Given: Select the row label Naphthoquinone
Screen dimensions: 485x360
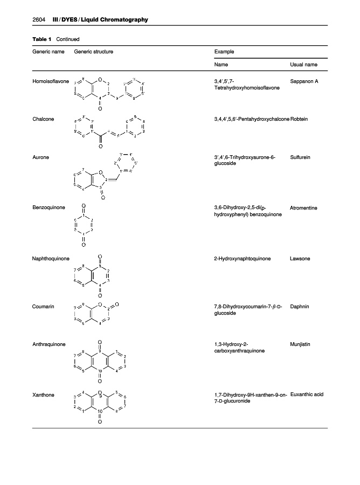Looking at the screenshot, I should (x=51, y=259).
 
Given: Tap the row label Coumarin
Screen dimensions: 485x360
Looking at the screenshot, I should (x=43, y=306).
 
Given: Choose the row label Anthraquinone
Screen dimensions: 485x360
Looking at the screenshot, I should (x=50, y=344).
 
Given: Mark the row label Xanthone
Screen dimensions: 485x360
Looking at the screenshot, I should (x=44, y=395).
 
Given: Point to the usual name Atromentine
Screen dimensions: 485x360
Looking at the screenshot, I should (x=305, y=206).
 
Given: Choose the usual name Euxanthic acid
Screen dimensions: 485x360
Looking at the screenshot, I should (x=307, y=395).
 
